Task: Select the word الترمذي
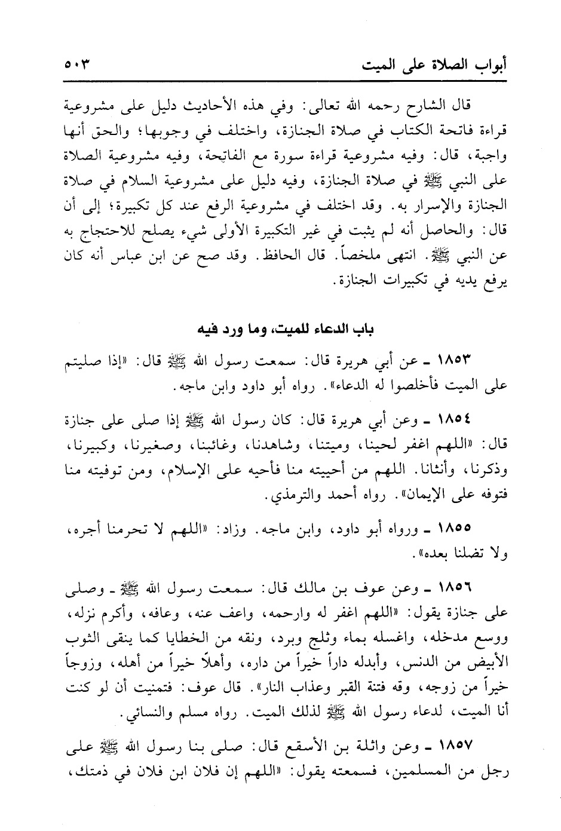(x=287, y=496)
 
